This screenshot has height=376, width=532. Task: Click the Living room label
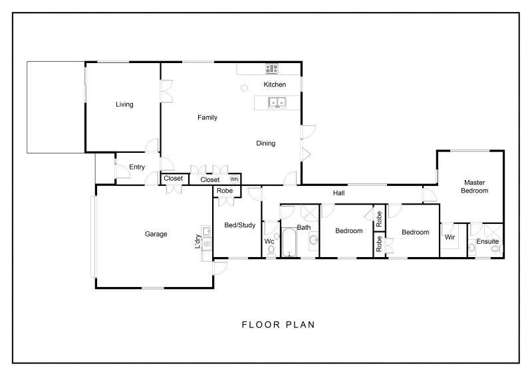point(124,104)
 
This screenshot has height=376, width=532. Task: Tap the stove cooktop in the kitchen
point(272,69)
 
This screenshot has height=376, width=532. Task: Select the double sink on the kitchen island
point(277,102)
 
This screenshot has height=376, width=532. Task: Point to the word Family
point(207,118)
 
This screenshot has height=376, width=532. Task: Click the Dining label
point(265,143)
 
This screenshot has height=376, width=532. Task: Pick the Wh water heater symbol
point(234,179)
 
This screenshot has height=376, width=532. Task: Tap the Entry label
point(137,167)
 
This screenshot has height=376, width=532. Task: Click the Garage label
point(156,234)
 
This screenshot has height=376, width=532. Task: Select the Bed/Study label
point(240,225)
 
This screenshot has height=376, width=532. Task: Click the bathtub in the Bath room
point(289,242)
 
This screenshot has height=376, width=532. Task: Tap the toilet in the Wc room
point(271,250)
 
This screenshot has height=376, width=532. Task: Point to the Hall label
point(338,193)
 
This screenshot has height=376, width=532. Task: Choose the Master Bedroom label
point(474,187)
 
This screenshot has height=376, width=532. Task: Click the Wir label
point(450,237)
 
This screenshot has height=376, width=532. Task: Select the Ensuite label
point(487,241)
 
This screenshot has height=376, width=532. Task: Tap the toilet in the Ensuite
point(497,249)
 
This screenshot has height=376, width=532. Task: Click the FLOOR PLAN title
point(278,325)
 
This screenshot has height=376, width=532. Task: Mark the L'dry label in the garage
point(198,241)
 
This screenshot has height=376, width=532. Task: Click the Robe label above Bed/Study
point(225,191)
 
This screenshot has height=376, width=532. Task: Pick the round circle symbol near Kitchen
point(244,88)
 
